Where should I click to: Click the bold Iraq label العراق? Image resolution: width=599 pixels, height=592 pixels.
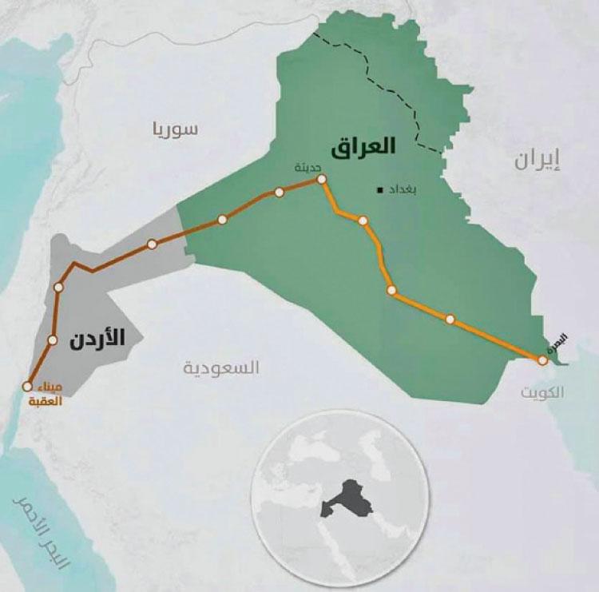[367, 146]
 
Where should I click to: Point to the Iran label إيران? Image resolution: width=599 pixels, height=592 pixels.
[537, 159]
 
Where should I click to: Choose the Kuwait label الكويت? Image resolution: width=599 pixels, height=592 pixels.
[541, 392]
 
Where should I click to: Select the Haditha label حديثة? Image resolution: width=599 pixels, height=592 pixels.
[308, 168]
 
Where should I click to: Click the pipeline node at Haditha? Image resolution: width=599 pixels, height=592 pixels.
[321, 180]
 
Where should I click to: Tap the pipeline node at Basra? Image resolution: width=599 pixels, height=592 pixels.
[543, 360]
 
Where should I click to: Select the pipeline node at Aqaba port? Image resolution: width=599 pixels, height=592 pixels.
[27, 387]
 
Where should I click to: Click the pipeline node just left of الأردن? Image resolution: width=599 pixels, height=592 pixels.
[53, 340]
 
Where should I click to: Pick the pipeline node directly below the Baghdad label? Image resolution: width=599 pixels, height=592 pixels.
[363, 221]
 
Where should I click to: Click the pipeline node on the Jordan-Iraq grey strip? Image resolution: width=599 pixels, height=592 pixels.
[151, 244]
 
